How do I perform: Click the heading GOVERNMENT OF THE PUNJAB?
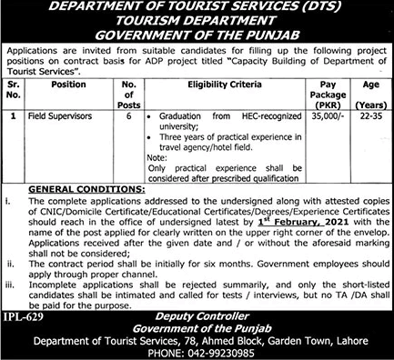pos(197,35)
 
